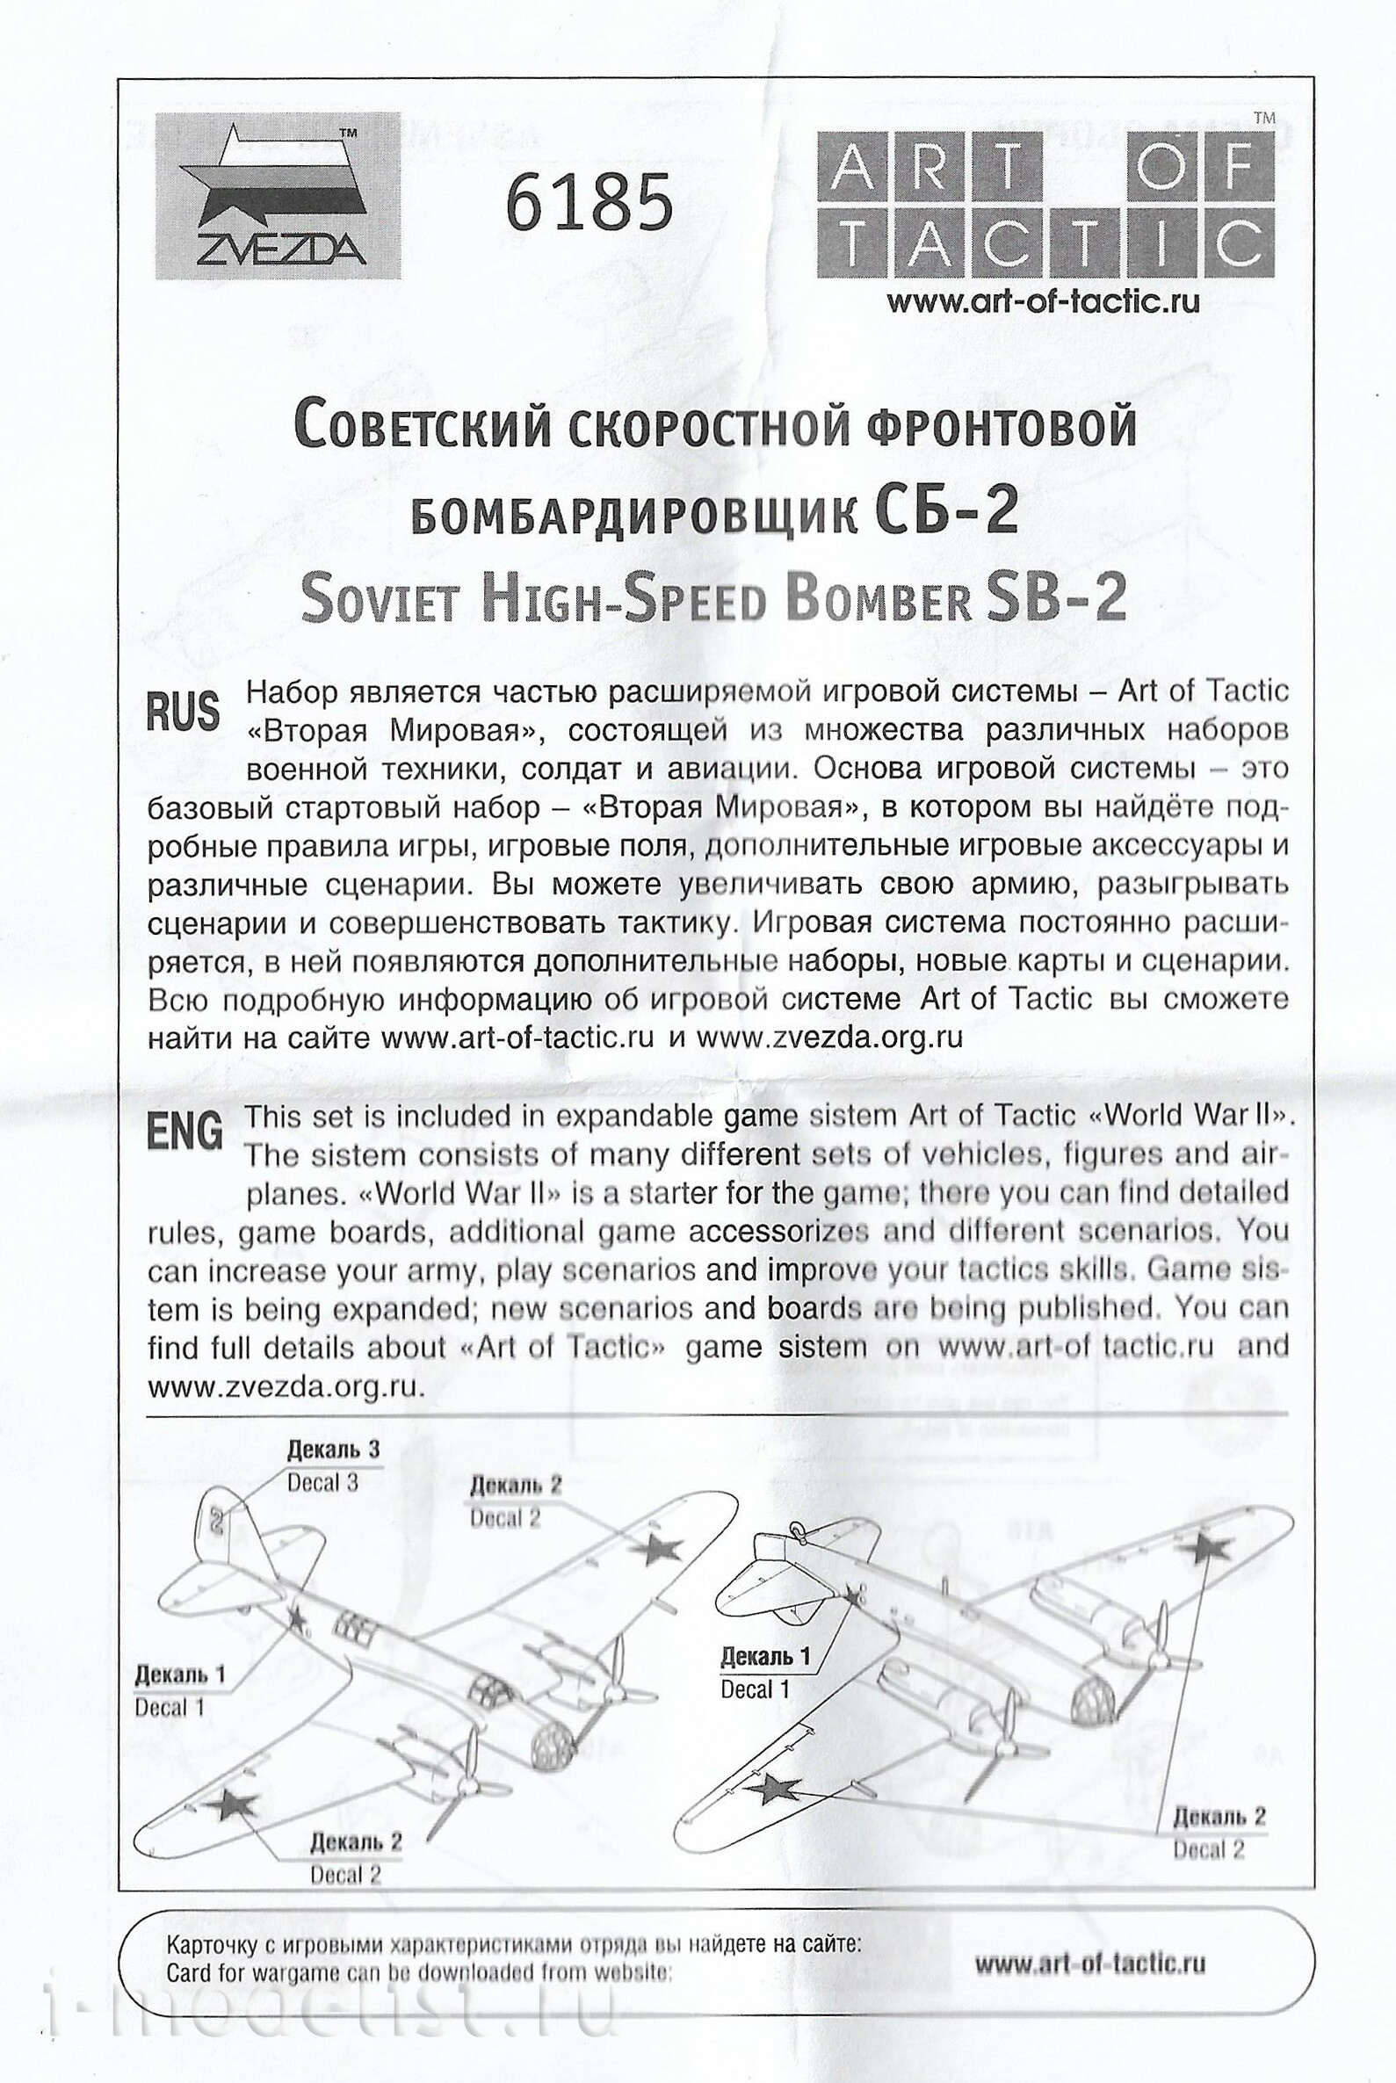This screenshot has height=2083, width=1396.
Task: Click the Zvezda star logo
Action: [x=278, y=196]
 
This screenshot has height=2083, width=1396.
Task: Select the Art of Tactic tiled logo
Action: [x=1045, y=203]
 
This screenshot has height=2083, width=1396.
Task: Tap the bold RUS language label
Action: [x=184, y=712]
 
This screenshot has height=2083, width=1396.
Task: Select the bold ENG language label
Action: [x=184, y=1134]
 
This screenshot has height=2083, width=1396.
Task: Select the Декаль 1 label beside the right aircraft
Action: [x=766, y=1657]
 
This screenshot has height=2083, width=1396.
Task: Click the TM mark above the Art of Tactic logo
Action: [x=1263, y=118]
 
